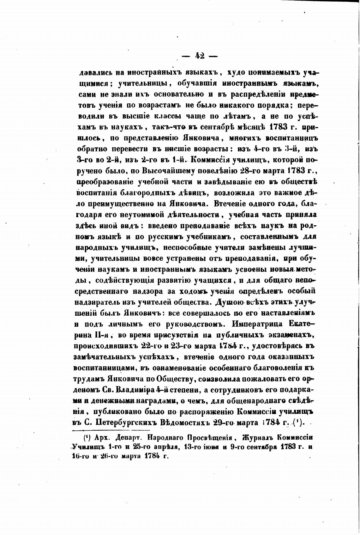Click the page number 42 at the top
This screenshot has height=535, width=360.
coord(200,56)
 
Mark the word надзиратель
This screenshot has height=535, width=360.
coord(103,302)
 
